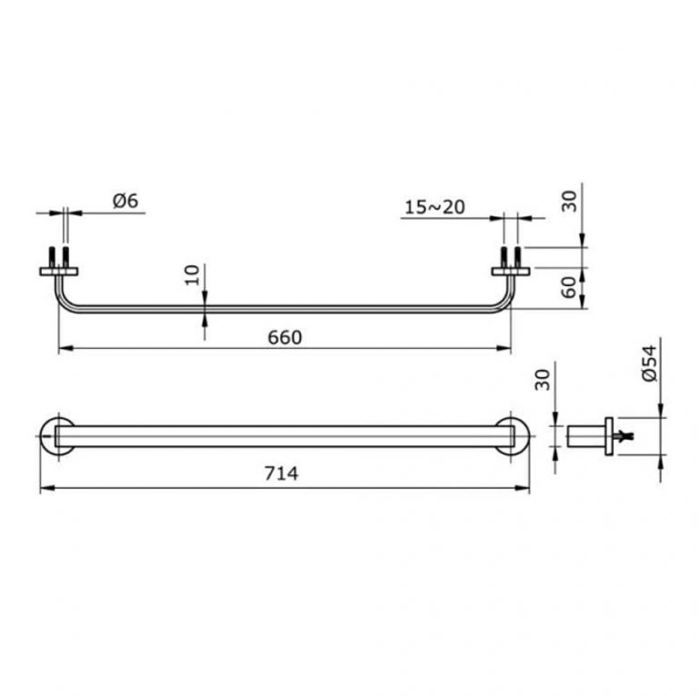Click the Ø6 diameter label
pyautogui.click(x=125, y=202)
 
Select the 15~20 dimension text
pyautogui.click(x=434, y=207)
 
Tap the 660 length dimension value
pyautogui.click(x=284, y=337)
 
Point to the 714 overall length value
pyautogui.click(x=284, y=475)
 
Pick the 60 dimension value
pyautogui.click(x=570, y=290)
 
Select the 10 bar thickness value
pyautogui.click(x=191, y=275)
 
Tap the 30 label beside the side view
pyautogui.click(x=543, y=380)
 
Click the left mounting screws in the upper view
pyautogui.click(x=60, y=254)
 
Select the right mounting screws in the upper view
pyautogui.click(x=512, y=254)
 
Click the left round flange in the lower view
pyautogui.click(x=56, y=435)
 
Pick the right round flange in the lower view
pyautogui.click(x=514, y=435)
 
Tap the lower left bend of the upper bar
pyautogui.click(x=64, y=304)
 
